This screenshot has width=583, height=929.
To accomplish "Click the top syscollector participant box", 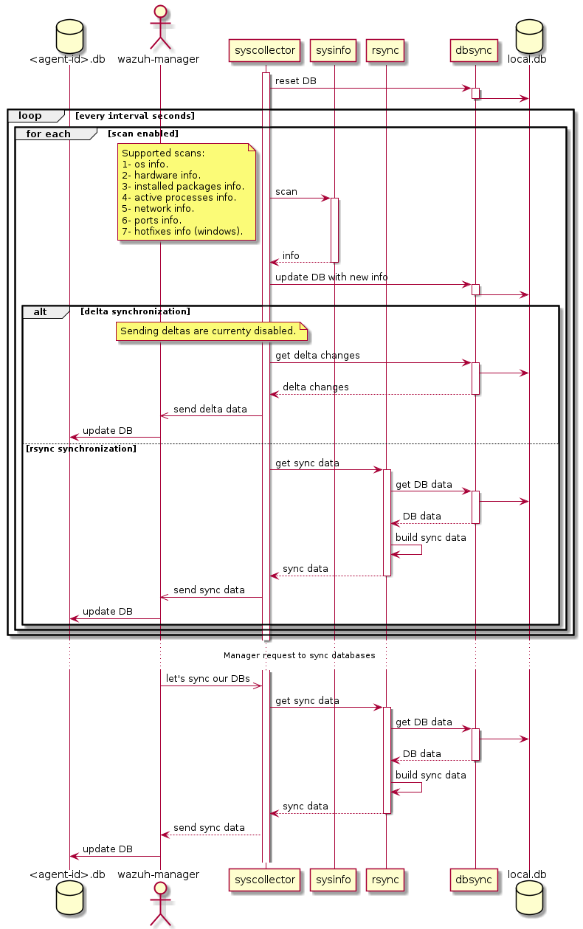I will [265, 50].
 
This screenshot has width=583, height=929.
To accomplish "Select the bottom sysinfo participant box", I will [334, 880].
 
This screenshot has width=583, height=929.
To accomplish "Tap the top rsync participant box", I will [385, 50].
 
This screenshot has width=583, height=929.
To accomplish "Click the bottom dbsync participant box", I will [475, 880].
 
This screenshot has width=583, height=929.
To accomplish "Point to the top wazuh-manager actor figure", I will [160, 25].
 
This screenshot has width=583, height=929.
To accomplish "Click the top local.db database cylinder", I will [528, 34].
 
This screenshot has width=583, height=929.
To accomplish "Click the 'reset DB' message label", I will [296, 80].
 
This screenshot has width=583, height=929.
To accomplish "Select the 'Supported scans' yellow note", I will [187, 192].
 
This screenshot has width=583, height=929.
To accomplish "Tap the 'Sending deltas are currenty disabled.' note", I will [211, 332].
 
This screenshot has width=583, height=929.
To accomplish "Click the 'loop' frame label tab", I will [31, 116].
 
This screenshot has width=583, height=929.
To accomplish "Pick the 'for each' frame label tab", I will [49, 134].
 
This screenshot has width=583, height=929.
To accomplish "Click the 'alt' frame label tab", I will [41, 312].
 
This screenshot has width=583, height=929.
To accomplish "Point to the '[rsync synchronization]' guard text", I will [81, 449].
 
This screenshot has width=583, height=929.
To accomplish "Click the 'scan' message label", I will [286, 192].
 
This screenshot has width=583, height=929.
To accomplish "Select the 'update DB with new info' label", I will [331, 277].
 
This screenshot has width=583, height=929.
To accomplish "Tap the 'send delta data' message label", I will [210, 409].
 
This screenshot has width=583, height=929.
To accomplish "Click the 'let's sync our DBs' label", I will [207, 678].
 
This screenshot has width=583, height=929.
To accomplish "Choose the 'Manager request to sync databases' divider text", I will [299, 655].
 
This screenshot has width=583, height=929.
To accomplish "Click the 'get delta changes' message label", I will [317, 356].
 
